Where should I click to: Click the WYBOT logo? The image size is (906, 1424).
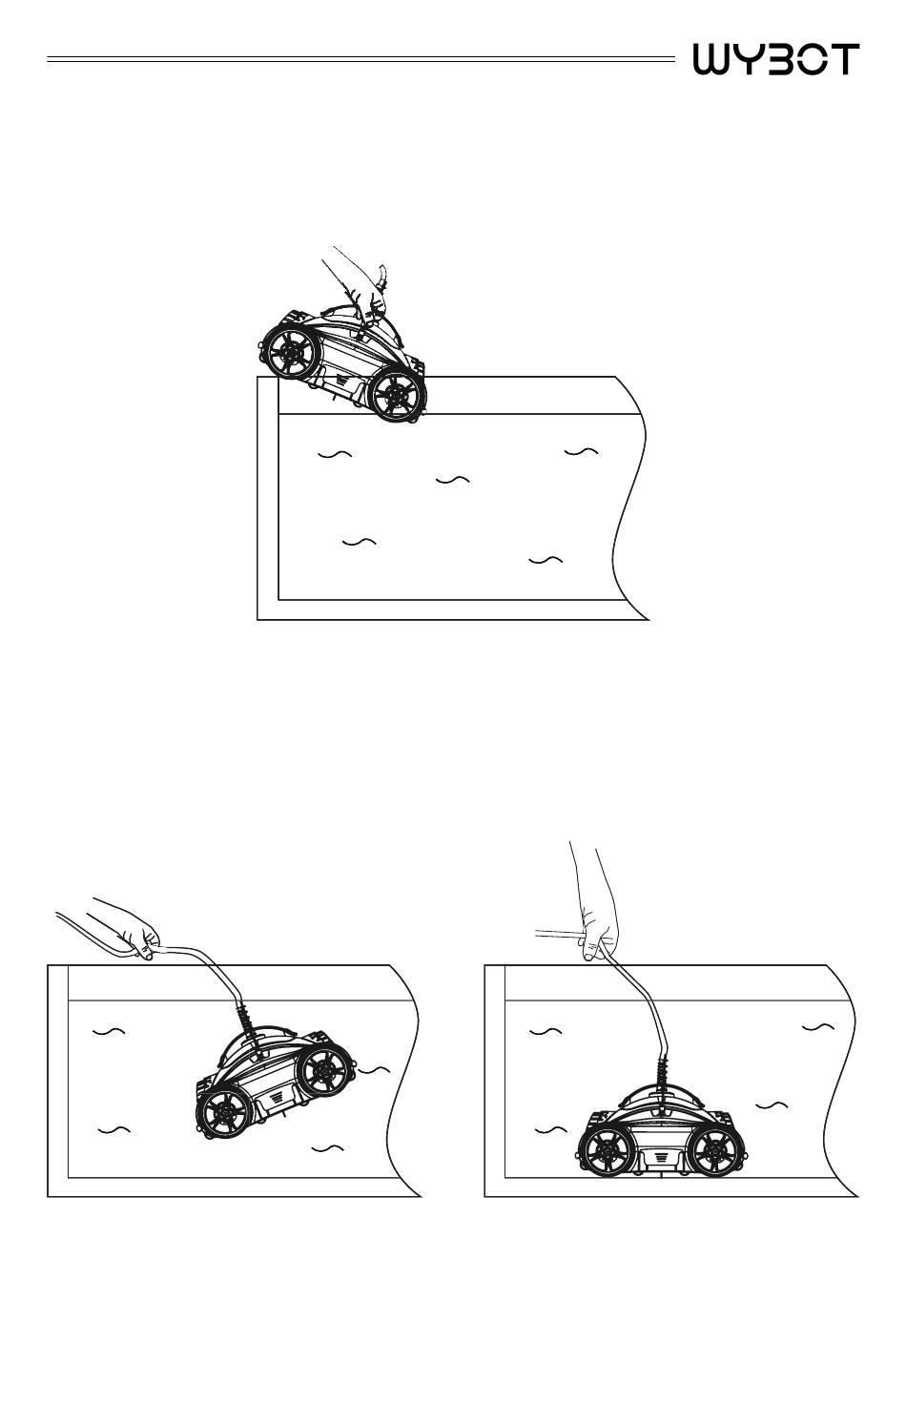776,59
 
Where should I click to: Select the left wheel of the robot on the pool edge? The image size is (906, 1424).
292,351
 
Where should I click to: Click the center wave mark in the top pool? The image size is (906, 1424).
453,480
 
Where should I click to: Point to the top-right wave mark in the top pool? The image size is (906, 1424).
581,451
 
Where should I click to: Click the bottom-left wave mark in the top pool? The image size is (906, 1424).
360,543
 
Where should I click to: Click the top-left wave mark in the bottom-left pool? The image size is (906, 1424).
109,1031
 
